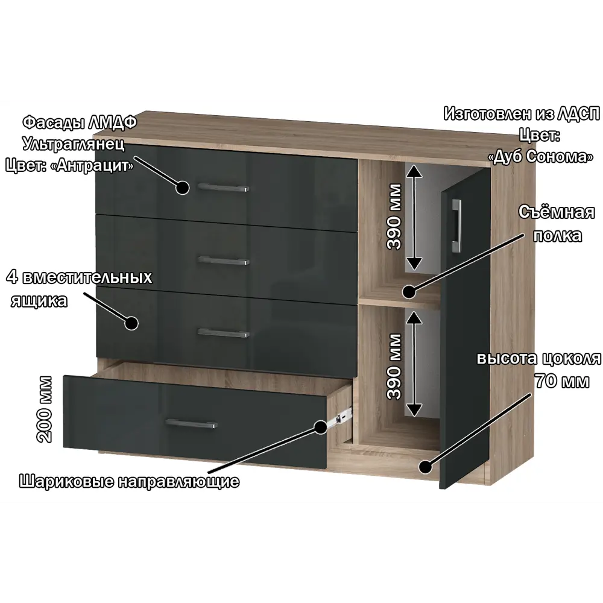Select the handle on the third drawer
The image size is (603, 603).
pyautogui.click(x=223, y=333)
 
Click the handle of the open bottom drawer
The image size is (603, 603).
pyautogui.click(x=191, y=425)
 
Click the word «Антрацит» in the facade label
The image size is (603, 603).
pyautogui.click(x=99, y=165)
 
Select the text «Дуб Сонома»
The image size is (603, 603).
pyautogui.click(x=539, y=156)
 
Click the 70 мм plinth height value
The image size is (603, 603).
pyautogui.click(x=561, y=381)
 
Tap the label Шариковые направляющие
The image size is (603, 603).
pyautogui.click(x=130, y=481)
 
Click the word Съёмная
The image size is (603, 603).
pyautogui.click(x=556, y=213)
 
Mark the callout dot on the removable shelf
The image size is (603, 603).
pyautogui.click(x=409, y=292)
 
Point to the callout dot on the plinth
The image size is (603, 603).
pyautogui.click(x=425, y=466)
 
